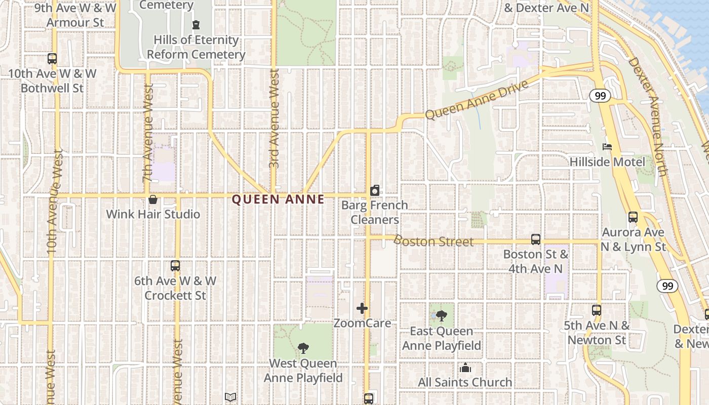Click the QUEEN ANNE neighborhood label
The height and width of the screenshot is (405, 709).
[278, 199]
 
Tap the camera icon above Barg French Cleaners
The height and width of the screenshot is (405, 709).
[375, 190]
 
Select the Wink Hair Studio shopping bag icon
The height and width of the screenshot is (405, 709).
[153, 199]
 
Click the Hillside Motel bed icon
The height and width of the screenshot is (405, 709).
[607, 147]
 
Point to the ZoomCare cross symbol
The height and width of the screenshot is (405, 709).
[362, 308]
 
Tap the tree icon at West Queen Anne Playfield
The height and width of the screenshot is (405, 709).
[303, 348]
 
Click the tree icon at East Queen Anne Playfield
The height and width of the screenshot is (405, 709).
[442, 316]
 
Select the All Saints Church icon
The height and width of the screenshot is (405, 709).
[465, 368]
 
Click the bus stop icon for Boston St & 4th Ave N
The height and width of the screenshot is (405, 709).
[536, 239]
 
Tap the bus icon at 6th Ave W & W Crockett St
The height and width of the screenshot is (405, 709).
[175, 266]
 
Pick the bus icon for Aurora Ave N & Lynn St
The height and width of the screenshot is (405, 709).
[633, 217]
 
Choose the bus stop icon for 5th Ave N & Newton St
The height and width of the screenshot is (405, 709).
[597, 310]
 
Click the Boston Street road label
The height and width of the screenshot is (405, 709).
[434, 241]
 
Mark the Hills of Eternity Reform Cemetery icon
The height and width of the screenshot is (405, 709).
[196, 25]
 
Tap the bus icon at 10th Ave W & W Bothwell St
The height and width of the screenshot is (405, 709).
[52, 59]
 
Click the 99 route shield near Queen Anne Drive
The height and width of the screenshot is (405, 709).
[600, 96]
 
